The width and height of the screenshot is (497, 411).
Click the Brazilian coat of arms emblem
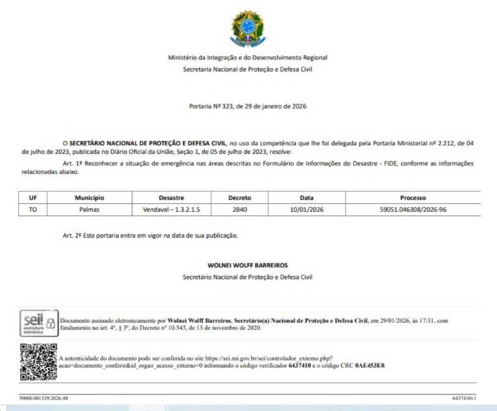(247, 29)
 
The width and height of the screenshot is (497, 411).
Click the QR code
(38, 361)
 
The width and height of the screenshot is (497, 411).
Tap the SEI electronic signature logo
(38, 323)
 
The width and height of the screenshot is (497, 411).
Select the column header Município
(90, 197)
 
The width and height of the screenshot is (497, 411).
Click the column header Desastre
(171, 197)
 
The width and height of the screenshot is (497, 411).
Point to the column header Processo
(413, 197)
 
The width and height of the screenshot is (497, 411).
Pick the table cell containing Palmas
(90, 210)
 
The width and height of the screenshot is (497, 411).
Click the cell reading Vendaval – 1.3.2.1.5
(171, 210)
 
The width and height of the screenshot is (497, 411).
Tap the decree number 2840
(239, 210)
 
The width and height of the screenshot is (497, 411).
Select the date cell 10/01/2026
(306, 210)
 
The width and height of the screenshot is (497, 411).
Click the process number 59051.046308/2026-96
(413, 210)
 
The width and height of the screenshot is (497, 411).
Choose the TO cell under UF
(33, 210)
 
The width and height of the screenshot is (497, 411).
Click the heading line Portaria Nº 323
(247, 106)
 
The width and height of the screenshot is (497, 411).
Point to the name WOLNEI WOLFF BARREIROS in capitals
(247, 266)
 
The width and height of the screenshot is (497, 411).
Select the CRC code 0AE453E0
(370, 366)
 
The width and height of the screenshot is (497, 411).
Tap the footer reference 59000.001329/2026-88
(44, 397)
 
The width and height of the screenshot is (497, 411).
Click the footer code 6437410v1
(464, 397)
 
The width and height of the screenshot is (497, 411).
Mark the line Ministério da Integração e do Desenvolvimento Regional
(247, 58)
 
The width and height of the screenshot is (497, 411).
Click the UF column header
(33, 197)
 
